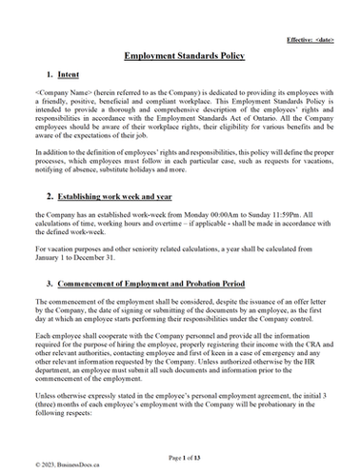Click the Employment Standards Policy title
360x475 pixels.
point(180,56)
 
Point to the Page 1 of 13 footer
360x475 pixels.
point(180,457)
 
